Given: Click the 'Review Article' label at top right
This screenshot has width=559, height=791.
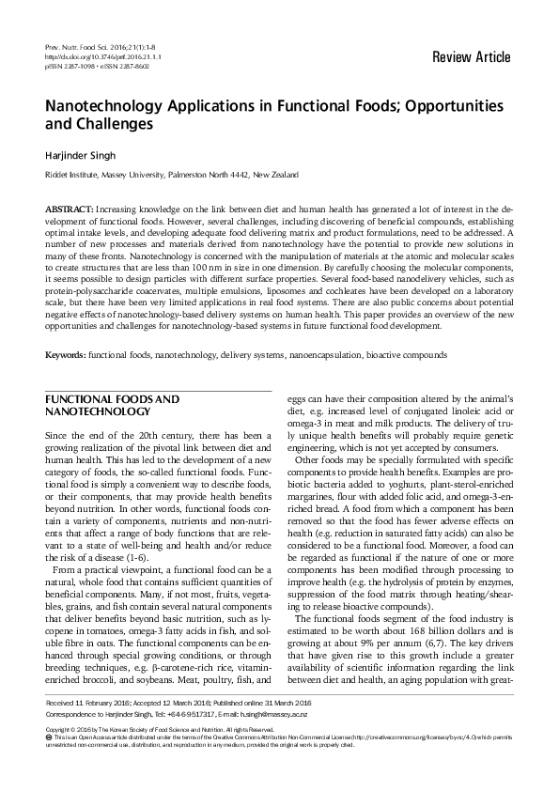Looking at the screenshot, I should point(472,57).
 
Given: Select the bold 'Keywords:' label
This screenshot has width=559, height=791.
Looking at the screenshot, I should point(66,356).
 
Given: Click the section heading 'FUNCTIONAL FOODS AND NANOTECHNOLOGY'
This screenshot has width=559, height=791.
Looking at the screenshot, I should point(113,406).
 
